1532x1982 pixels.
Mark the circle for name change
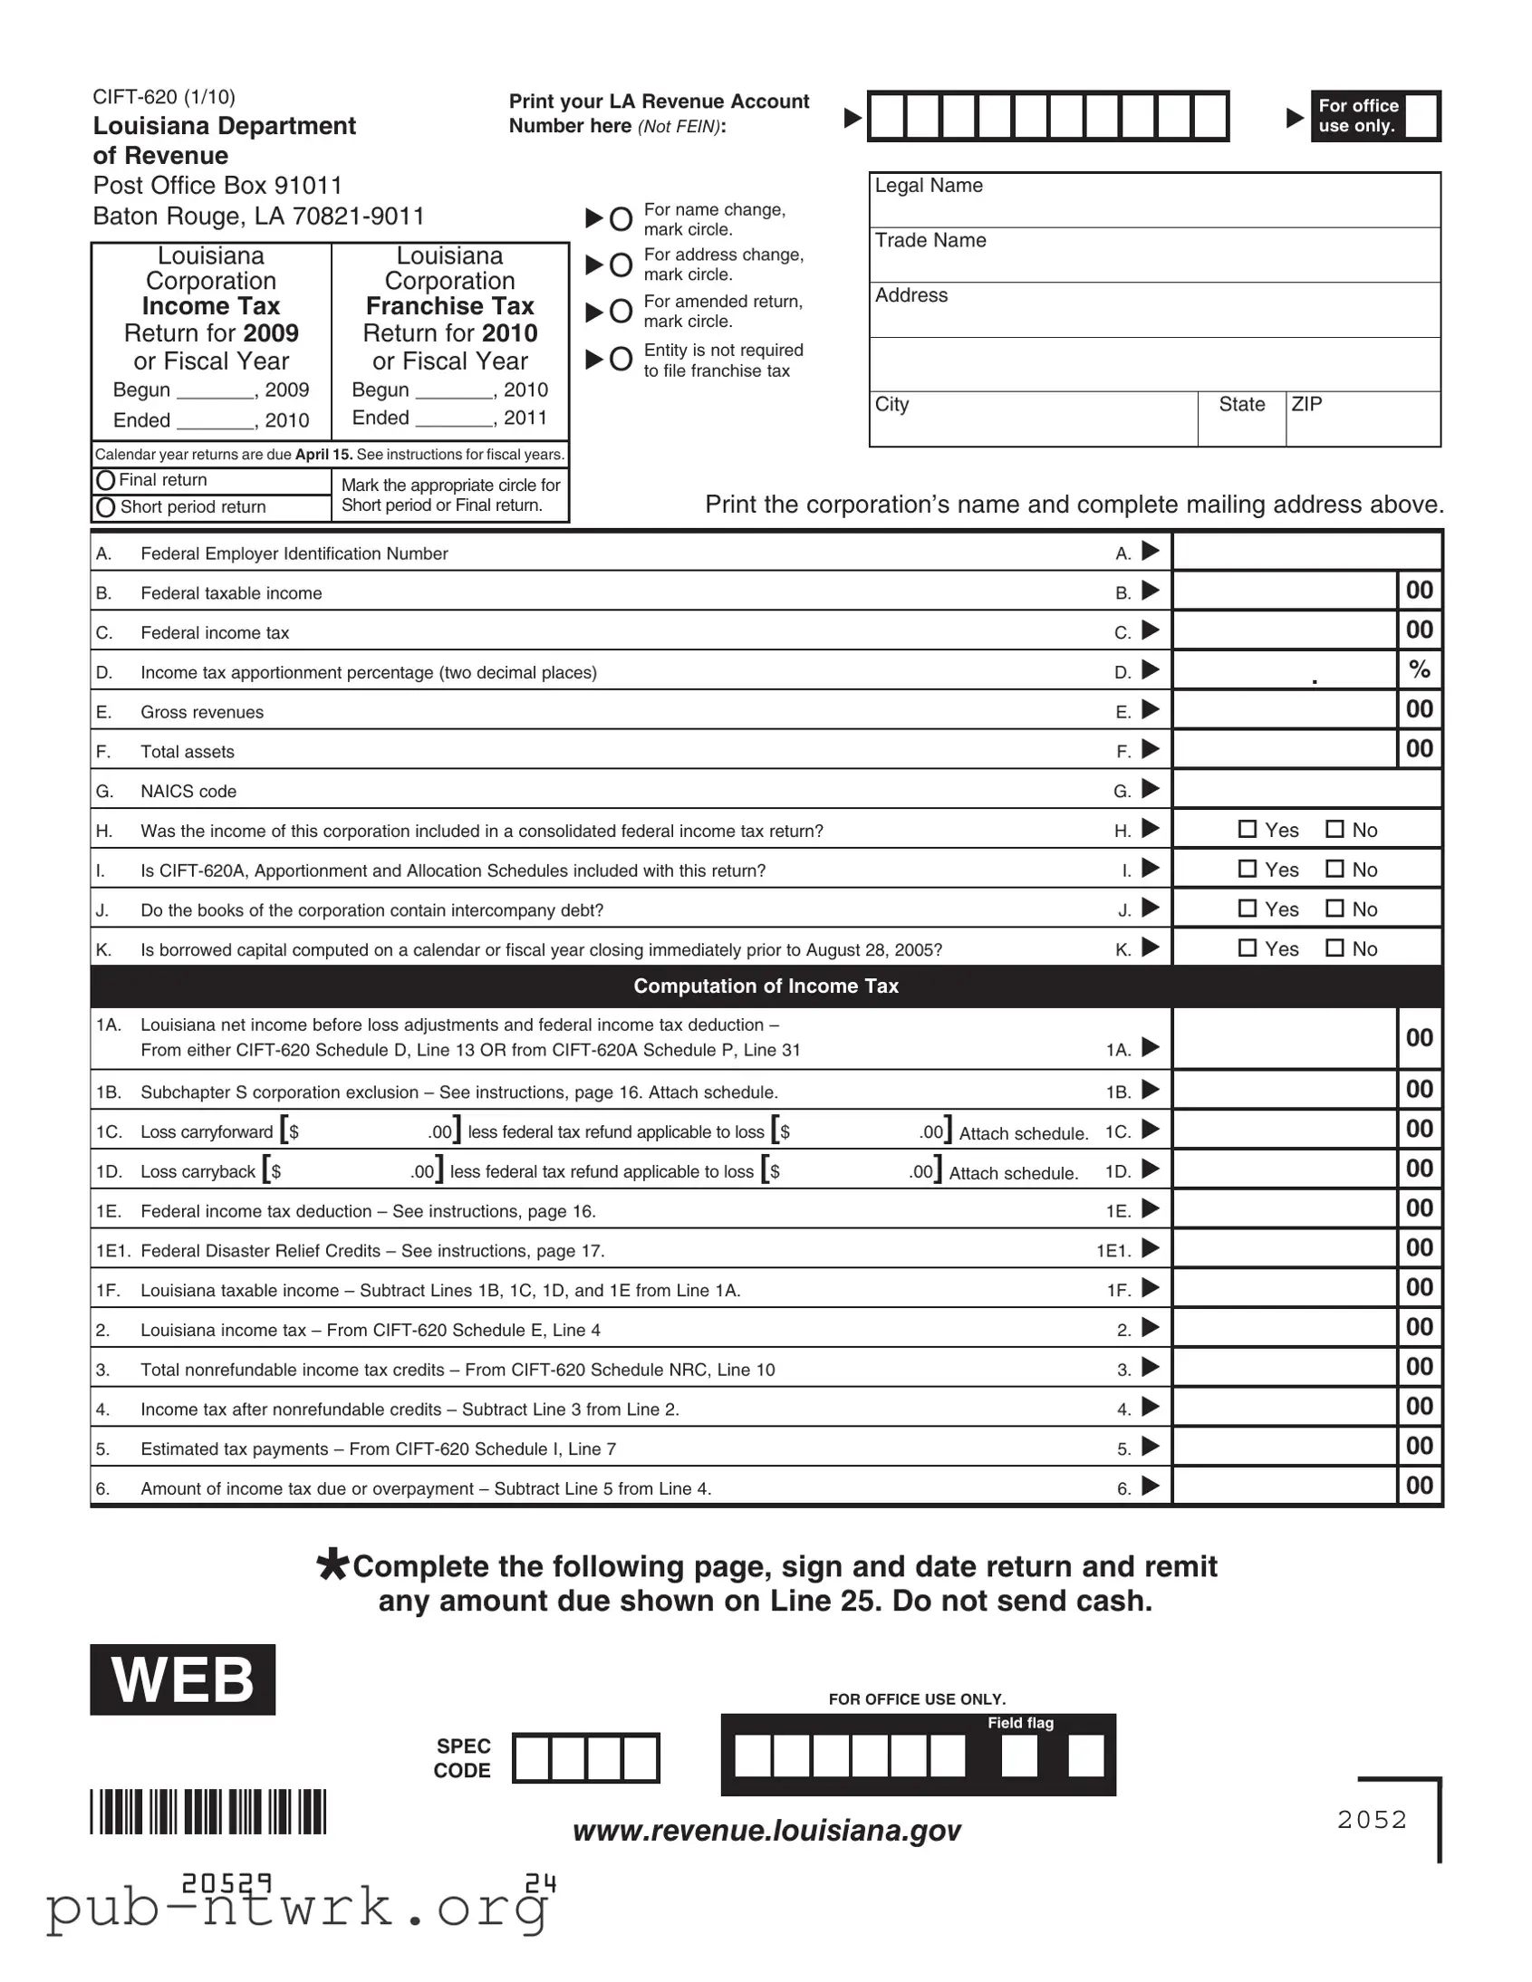point(621,218)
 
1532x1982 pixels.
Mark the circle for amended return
point(621,312)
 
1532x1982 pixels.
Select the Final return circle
point(105,480)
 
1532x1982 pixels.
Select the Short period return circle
point(105,507)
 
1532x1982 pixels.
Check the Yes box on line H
point(1248,829)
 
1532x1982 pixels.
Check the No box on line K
point(1335,948)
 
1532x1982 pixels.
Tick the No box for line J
point(1335,908)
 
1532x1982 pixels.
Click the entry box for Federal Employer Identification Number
point(1307,552)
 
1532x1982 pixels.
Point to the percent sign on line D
point(1420,669)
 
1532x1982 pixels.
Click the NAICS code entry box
point(1307,790)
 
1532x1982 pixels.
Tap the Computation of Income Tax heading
point(766,986)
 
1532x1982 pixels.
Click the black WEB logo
point(182,1679)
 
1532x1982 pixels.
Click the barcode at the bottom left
point(207,1812)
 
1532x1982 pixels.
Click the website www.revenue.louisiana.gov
point(766,1831)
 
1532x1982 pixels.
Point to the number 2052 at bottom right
point(1372,1820)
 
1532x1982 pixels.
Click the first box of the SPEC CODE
point(532,1758)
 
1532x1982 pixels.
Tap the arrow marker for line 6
point(1150,1486)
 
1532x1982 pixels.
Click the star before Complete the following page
point(332,1565)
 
